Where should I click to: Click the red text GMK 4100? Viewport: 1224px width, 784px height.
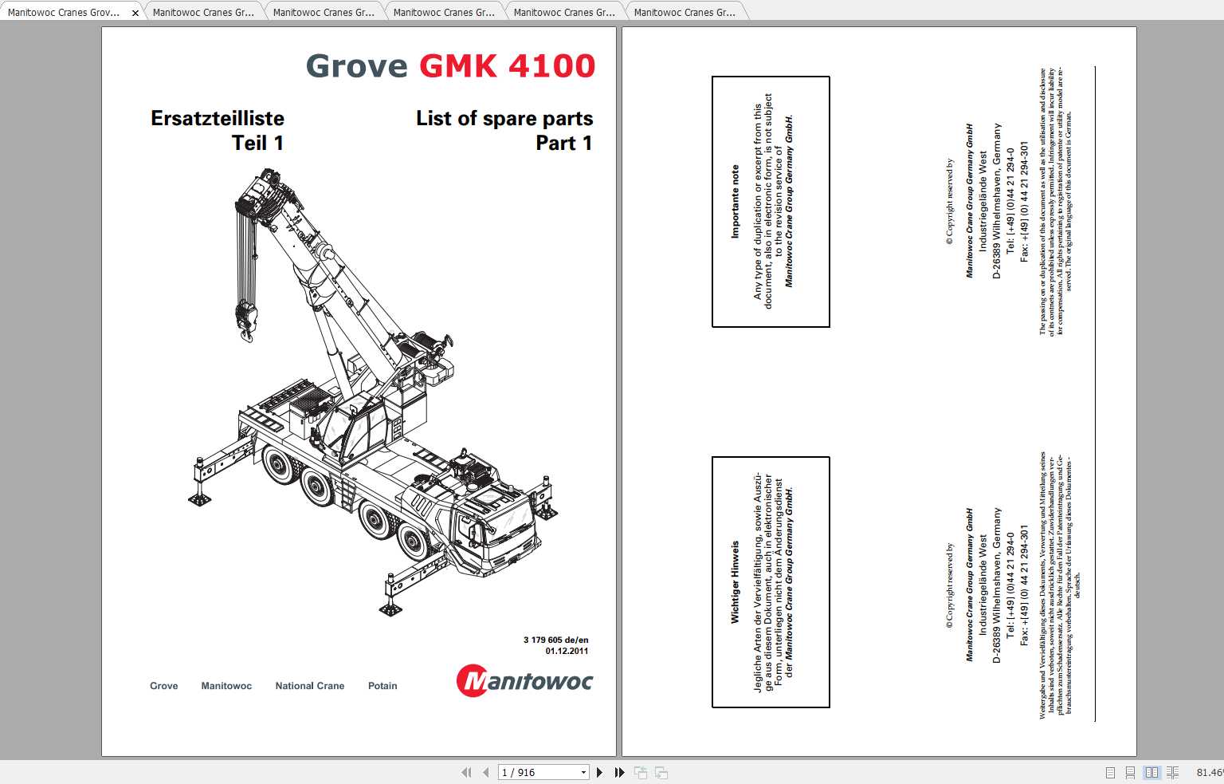[507, 66]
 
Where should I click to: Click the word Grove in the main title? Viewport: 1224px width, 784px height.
[356, 66]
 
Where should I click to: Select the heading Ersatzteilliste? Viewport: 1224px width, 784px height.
[217, 118]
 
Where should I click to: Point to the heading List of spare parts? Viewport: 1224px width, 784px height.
[504, 118]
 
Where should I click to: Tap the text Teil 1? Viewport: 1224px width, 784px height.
[257, 143]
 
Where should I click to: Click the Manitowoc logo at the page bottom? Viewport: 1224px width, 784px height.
[524, 681]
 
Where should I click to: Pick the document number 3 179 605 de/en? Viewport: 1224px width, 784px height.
[555, 640]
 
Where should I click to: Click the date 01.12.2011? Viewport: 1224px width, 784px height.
[567, 651]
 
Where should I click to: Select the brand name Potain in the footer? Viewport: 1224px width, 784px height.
[382, 686]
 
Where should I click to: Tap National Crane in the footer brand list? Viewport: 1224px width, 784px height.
[309, 686]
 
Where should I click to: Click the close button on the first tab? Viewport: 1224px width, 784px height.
[135, 13]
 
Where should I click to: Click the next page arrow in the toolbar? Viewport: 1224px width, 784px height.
[600, 772]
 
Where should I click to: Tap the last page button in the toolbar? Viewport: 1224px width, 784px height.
[619, 772]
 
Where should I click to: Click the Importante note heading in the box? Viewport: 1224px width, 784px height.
[736, 202]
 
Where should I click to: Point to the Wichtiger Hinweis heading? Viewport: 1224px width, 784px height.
[736, 582]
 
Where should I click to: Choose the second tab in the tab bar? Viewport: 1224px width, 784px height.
[203, 13]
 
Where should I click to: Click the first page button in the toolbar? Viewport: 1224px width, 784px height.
[466, 772]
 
